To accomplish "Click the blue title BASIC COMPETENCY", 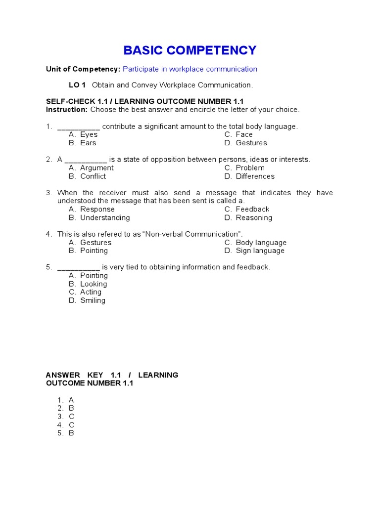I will pyautogui.click(x=190, y=50).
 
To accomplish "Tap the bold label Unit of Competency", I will pyautogui.click(x=83, y=69).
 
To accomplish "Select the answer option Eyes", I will pyautogui.click(x=89, y=134).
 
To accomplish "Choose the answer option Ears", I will pyautogui.click(x=88, y=143).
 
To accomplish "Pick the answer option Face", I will pyautogui.click(x=244, y=134).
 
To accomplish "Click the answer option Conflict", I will pyautogui.click(x=93, y=176).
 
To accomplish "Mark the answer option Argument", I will pyautogui.click(x=96, y=168).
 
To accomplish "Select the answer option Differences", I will pyautogui.click(x=255, y=176).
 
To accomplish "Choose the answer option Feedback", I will pyautogui.click(x=252, y=210).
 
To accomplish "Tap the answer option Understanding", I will pyautogui.click(x=105, y=218).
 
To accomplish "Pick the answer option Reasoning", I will pyautogui.click(x=254, y=218).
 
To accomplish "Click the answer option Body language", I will pyautogui.click(x=261, y=243).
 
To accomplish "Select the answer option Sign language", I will pyautogui.click(x=260, y=251).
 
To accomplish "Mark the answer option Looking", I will pyautogui.click(x=94, y=284).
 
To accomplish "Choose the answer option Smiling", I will pyautogui.click(x=93, y=300).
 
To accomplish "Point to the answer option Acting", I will pyautogui.click(x=91, y=292).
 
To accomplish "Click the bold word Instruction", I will pyautogui.click(x=66, y=110).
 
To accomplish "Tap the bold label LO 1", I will pyautogui.click(x=77, y=85).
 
